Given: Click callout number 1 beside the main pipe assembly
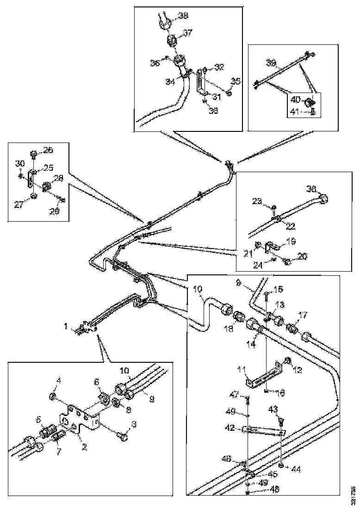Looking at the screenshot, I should pyautogui.click(x=68, y=327).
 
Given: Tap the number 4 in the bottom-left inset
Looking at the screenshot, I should pyautogui.click(x=59, y=381).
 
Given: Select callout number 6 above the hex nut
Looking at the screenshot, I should pyautogui.click(x=97, y=382).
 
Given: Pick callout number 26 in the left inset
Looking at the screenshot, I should pyautogui.click(x=48, y=149).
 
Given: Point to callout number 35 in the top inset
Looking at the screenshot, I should pyautogui.click(x=236, y=82).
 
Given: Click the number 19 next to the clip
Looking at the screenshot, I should pyautogui.click(x=291, y=241).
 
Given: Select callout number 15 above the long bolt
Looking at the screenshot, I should pyautogui.click(x=278, y=289).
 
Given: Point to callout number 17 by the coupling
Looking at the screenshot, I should pyautogui.click(x=302, y=316).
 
